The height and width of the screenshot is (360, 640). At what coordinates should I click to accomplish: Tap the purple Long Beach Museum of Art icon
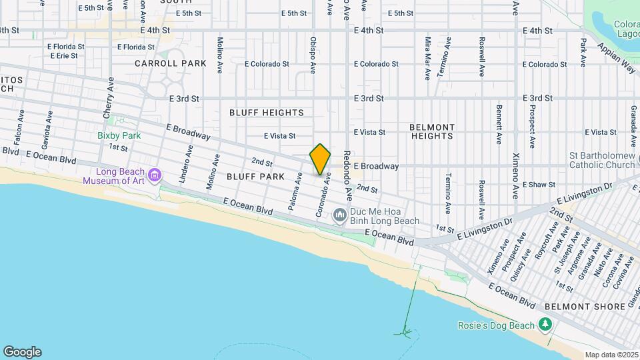pos(155,175)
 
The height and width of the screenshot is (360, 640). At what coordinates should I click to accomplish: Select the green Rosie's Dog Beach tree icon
pos(546,325)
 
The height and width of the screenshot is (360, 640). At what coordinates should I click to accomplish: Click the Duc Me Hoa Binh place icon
pos(339,214)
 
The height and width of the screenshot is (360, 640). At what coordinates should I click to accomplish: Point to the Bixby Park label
pos(119,135)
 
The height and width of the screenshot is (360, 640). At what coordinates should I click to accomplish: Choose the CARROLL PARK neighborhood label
pos(170,63)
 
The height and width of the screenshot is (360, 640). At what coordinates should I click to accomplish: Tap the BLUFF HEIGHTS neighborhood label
pos(267,113)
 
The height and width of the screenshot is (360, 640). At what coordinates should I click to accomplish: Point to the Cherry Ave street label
pos(109,97)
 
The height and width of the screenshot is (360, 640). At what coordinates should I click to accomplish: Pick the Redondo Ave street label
pos(347,175)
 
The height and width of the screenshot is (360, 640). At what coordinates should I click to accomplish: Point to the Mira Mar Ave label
pos(427,57)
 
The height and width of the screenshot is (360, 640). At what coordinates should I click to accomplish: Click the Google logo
pos(22,352)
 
